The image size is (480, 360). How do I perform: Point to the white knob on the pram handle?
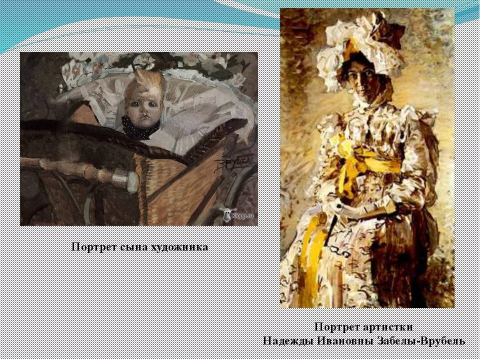[125, 178]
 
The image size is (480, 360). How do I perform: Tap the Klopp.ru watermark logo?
[235, 213]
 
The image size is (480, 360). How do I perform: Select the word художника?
[179, 247]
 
